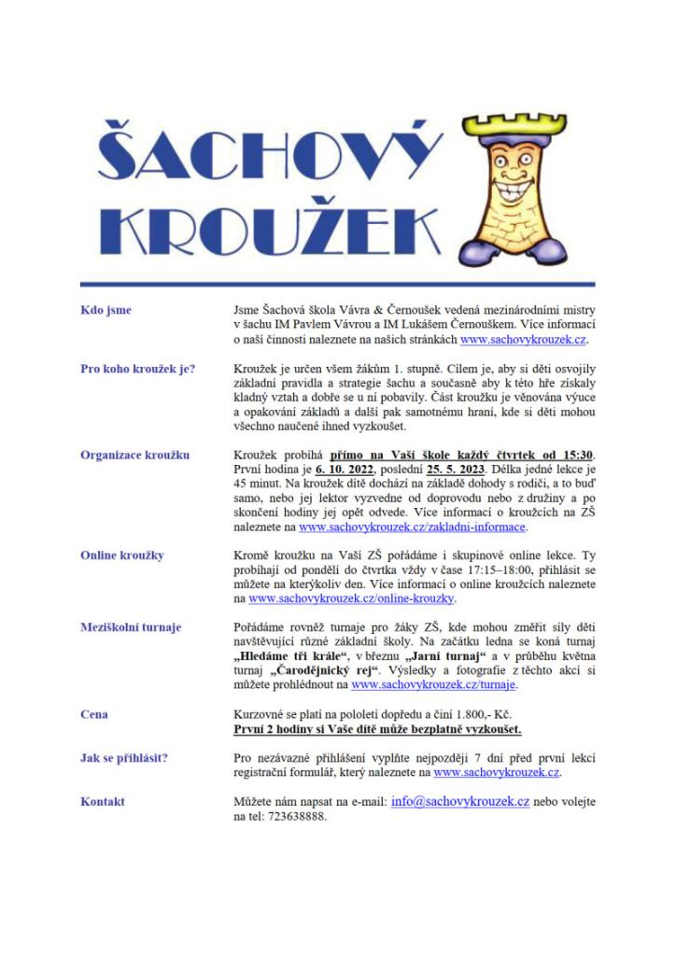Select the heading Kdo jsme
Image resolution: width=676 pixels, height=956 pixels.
tap(106, 310)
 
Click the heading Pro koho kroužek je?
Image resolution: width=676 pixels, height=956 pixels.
tap(137, 369)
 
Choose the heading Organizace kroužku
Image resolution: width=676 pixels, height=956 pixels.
tap(135, 455)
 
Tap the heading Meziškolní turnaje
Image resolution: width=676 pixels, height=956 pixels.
tap(132, 628)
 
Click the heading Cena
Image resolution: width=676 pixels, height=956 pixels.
tap(94, 714)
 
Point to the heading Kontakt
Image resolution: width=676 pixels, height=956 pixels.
tap(103, 802)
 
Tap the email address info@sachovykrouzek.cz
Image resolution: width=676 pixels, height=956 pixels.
tap(460, 802)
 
